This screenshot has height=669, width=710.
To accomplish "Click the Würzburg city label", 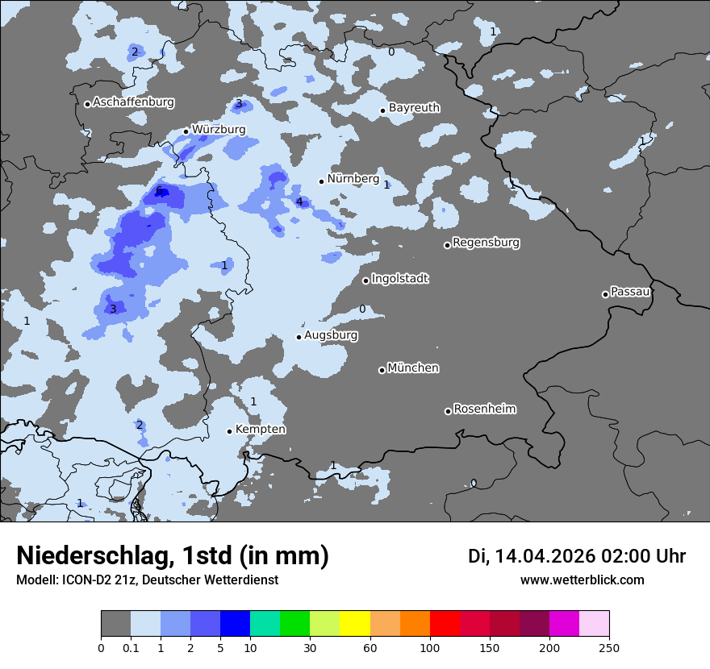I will (x=219, y=130).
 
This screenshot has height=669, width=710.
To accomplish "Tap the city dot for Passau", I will (x=605, y=294).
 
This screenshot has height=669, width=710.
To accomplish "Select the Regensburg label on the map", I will (x=486, y=243).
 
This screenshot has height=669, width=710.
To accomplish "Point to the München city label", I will (x=413, y=368).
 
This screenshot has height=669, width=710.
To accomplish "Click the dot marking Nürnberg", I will (x=321, y=181).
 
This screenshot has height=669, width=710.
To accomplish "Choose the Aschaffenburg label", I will (x=133, y=102).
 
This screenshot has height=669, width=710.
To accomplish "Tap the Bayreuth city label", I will (x=414, y=108).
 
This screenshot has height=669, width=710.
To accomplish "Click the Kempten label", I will (x=260, y=430).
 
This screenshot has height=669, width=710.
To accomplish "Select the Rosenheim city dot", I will (x=448, y=411).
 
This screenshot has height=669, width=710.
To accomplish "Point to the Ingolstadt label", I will (x=399, y=279).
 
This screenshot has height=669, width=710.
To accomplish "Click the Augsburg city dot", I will (x=299, y=337).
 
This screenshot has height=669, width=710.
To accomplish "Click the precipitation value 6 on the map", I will (x=159, y=191).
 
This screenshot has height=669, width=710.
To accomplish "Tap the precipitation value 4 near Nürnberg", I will (x=299, y=202).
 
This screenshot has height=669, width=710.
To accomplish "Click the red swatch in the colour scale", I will (x=445, y=624).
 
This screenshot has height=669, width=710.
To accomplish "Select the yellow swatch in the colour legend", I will (x=355, y=624).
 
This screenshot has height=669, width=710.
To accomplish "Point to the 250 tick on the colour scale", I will (x=609, y=647).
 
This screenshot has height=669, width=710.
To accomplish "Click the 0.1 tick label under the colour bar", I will (x=131, y=647).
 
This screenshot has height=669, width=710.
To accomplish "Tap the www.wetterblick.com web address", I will (x=582, y=580).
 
